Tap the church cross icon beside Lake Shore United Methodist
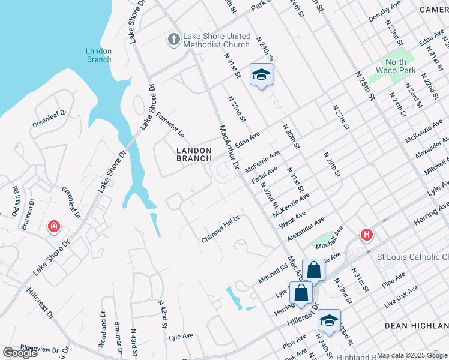[173, 40]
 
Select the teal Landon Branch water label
[98, 55]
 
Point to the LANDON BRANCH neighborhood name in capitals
[194, 154]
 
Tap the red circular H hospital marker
[365, 235]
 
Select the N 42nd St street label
[161, 315]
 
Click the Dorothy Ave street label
[384, 11]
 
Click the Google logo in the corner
[20, 353]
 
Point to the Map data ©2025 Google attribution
[412, 355]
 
